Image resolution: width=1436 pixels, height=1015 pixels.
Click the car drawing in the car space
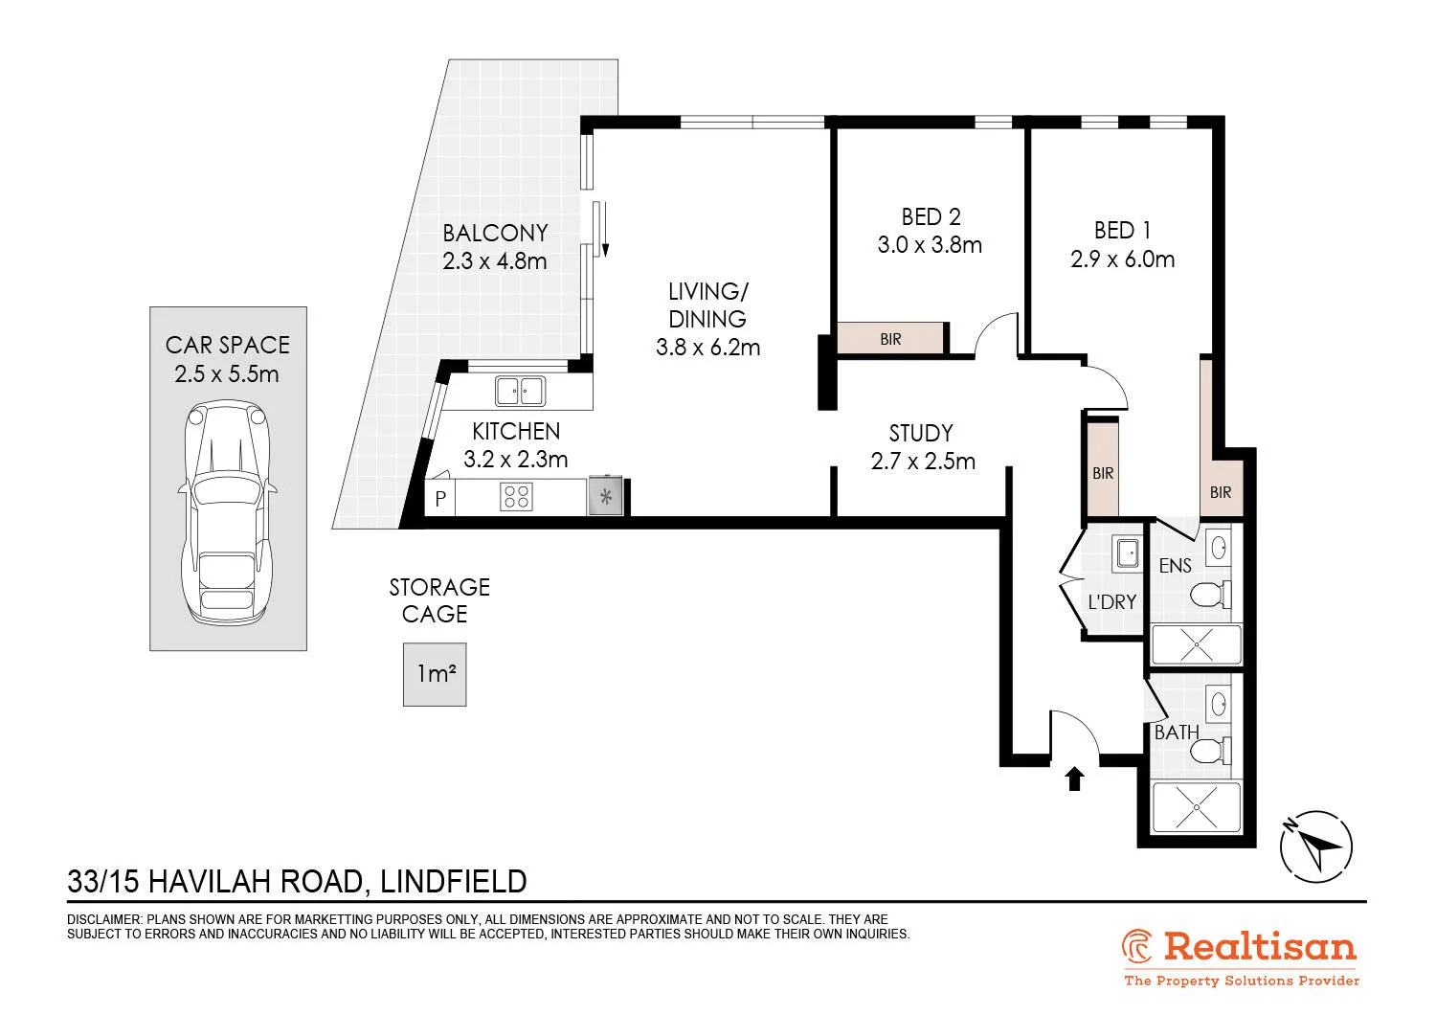point(228,512)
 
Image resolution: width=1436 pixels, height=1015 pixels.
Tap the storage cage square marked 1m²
point(435,674)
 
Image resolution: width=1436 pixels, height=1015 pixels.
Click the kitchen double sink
point(520,391)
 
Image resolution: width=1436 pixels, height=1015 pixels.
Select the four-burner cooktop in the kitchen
point(516,496)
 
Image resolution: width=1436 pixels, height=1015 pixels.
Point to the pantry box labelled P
point(439,498)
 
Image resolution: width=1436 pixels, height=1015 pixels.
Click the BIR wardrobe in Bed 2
point(890,338)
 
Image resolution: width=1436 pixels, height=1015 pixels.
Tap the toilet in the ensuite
point(1211,595)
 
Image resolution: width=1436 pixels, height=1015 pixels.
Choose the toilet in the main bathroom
point(1211,751)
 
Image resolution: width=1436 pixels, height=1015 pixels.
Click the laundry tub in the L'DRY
point(1127,553)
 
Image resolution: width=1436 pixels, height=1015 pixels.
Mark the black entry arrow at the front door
point(1074,779)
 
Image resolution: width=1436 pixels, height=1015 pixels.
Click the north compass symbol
point(1316,847)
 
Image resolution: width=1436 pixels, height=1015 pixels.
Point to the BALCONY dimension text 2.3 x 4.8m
point(494,261)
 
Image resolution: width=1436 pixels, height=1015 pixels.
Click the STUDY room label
point(921,434)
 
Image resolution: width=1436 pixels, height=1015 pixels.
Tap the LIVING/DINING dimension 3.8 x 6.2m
point(707,348)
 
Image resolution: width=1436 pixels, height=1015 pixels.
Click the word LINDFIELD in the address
point(453,882)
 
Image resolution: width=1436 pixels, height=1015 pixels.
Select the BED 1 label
point(1122,230)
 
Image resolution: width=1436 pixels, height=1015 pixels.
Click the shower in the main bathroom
point(1197,806)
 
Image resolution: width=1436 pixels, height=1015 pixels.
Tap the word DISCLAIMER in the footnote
point(104,919)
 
